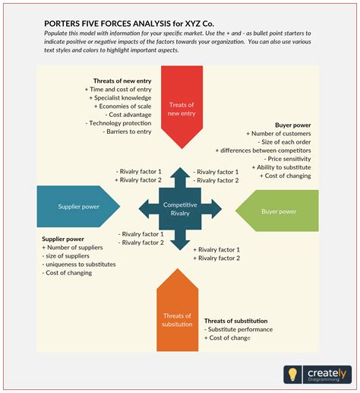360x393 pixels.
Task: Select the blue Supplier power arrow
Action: (78, 207)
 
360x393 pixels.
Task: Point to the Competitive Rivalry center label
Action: (180, 209)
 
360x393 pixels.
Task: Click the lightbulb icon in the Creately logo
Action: (292, 374)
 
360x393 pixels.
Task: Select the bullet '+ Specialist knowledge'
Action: (120, 98)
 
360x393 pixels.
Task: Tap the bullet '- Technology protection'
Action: (118, 123)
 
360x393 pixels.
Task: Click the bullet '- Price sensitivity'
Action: (287, 159)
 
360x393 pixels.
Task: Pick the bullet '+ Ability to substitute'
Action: (282, 167)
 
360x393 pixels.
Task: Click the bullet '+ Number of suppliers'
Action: (72, 247)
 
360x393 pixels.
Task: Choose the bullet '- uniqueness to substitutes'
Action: (79, 265)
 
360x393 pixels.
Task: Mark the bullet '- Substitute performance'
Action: (238, 329)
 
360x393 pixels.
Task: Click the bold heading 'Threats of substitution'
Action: (236, 321)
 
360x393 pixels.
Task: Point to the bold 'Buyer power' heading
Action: (293, 125)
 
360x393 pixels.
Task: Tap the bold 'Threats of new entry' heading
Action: (122, 81)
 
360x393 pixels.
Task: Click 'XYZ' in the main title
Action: (193, 24)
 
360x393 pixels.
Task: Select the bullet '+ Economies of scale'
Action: (122, 106)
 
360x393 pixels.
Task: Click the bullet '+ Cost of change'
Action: (227, 338)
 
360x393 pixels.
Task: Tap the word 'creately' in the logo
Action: (327, 373)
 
